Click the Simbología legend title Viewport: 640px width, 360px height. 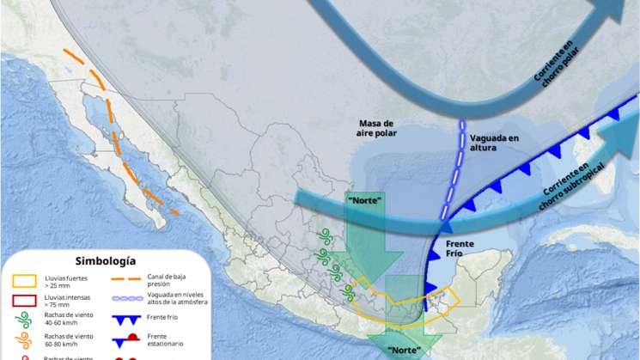click(x=106, y=260)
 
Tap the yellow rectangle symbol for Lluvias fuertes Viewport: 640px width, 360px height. click(x=23, y=280)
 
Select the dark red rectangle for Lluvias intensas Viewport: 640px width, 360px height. click(x=23, y=301)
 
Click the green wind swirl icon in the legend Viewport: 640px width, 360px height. click(x=23, y=321)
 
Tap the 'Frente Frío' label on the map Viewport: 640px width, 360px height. click(x=459, y=248)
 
